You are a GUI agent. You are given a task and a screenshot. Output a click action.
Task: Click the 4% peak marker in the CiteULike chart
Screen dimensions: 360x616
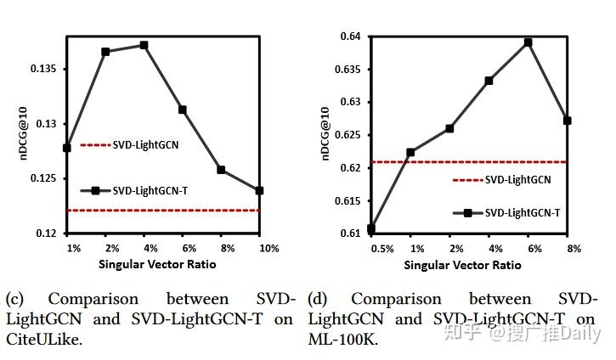coord(144,45)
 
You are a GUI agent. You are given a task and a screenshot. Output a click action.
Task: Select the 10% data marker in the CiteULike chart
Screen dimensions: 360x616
coord(259,190)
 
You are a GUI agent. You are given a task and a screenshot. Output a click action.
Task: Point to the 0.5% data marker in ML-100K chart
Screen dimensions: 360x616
coord(371,228)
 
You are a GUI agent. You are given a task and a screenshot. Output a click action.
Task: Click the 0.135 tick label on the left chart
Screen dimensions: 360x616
coord(44,69)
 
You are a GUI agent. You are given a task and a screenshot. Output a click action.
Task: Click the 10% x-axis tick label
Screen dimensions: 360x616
coord(268,248)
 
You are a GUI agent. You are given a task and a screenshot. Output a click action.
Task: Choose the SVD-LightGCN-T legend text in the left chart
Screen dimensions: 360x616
coord(150,191)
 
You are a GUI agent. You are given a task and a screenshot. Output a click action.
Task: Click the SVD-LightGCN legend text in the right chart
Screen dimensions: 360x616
coord(517,180)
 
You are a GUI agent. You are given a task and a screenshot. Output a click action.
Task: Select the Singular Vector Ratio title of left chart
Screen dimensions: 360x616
coord(157,264)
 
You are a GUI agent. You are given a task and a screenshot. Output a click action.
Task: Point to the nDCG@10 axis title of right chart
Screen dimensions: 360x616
coord(324,134)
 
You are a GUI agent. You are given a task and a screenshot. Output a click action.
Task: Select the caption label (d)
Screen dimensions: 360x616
coord(318,299)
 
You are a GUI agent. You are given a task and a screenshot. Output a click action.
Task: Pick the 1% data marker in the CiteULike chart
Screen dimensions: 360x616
coord(67,148)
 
